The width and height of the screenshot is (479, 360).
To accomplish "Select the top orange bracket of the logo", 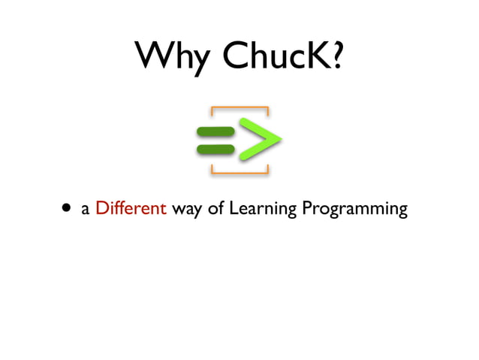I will coord(239,110).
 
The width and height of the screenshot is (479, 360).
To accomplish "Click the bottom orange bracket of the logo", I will coord(239,171).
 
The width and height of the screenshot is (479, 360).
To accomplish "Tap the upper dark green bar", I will coord(215,132).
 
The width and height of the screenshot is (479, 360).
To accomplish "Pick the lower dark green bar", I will coord(215,149).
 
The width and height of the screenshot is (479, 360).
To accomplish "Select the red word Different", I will coord(131,208).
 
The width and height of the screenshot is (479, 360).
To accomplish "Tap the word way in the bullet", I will coord(187,210).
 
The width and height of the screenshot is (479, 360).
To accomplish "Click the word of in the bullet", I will coord(215,208).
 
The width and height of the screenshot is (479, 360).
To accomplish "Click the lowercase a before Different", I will coord(86,210).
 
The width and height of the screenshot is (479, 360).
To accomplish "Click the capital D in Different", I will coord(102,208).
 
